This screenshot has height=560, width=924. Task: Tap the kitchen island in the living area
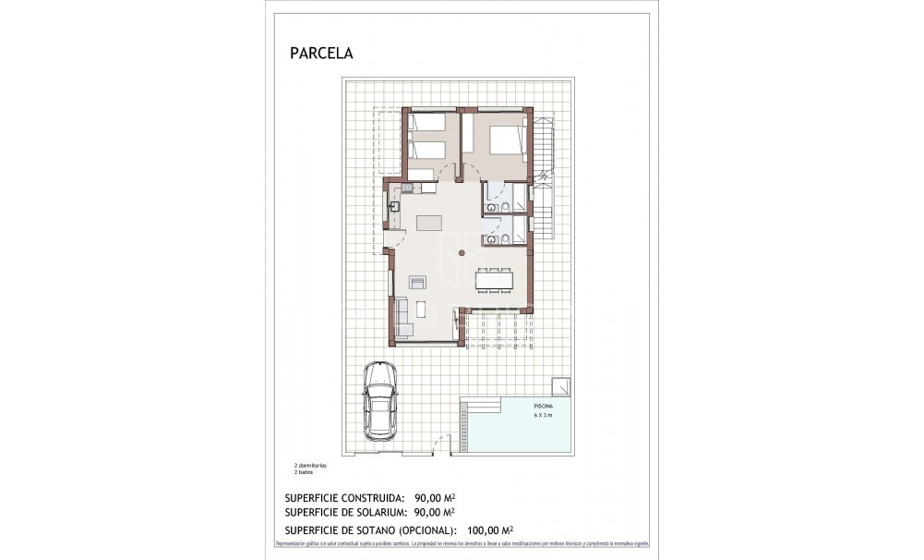coord(429,222)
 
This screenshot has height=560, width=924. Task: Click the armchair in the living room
coord(418,282)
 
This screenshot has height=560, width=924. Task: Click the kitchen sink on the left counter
coord(394,206)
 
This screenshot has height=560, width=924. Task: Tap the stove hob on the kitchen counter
coord(408,189)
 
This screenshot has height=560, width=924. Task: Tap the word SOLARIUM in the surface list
coord(373,512)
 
